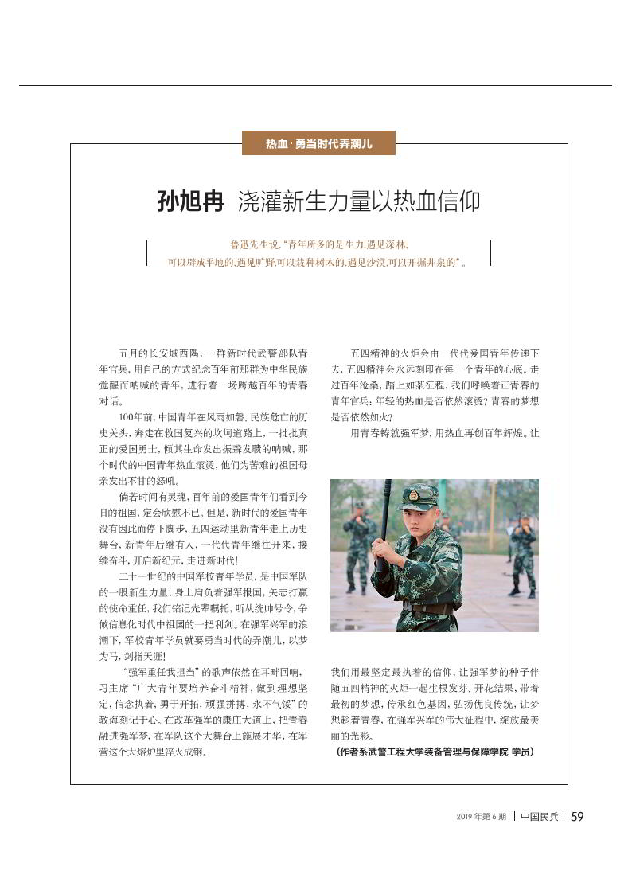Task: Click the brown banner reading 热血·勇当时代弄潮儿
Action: click(318, 144)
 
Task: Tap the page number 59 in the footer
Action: click(578, 816)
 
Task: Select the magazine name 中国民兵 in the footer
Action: click(540, 816)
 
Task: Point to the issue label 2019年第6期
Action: click(481, 817)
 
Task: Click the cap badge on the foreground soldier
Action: click(413, 494)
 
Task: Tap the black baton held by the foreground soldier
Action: click(385, 517)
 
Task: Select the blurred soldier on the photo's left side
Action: click(359, 549)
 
